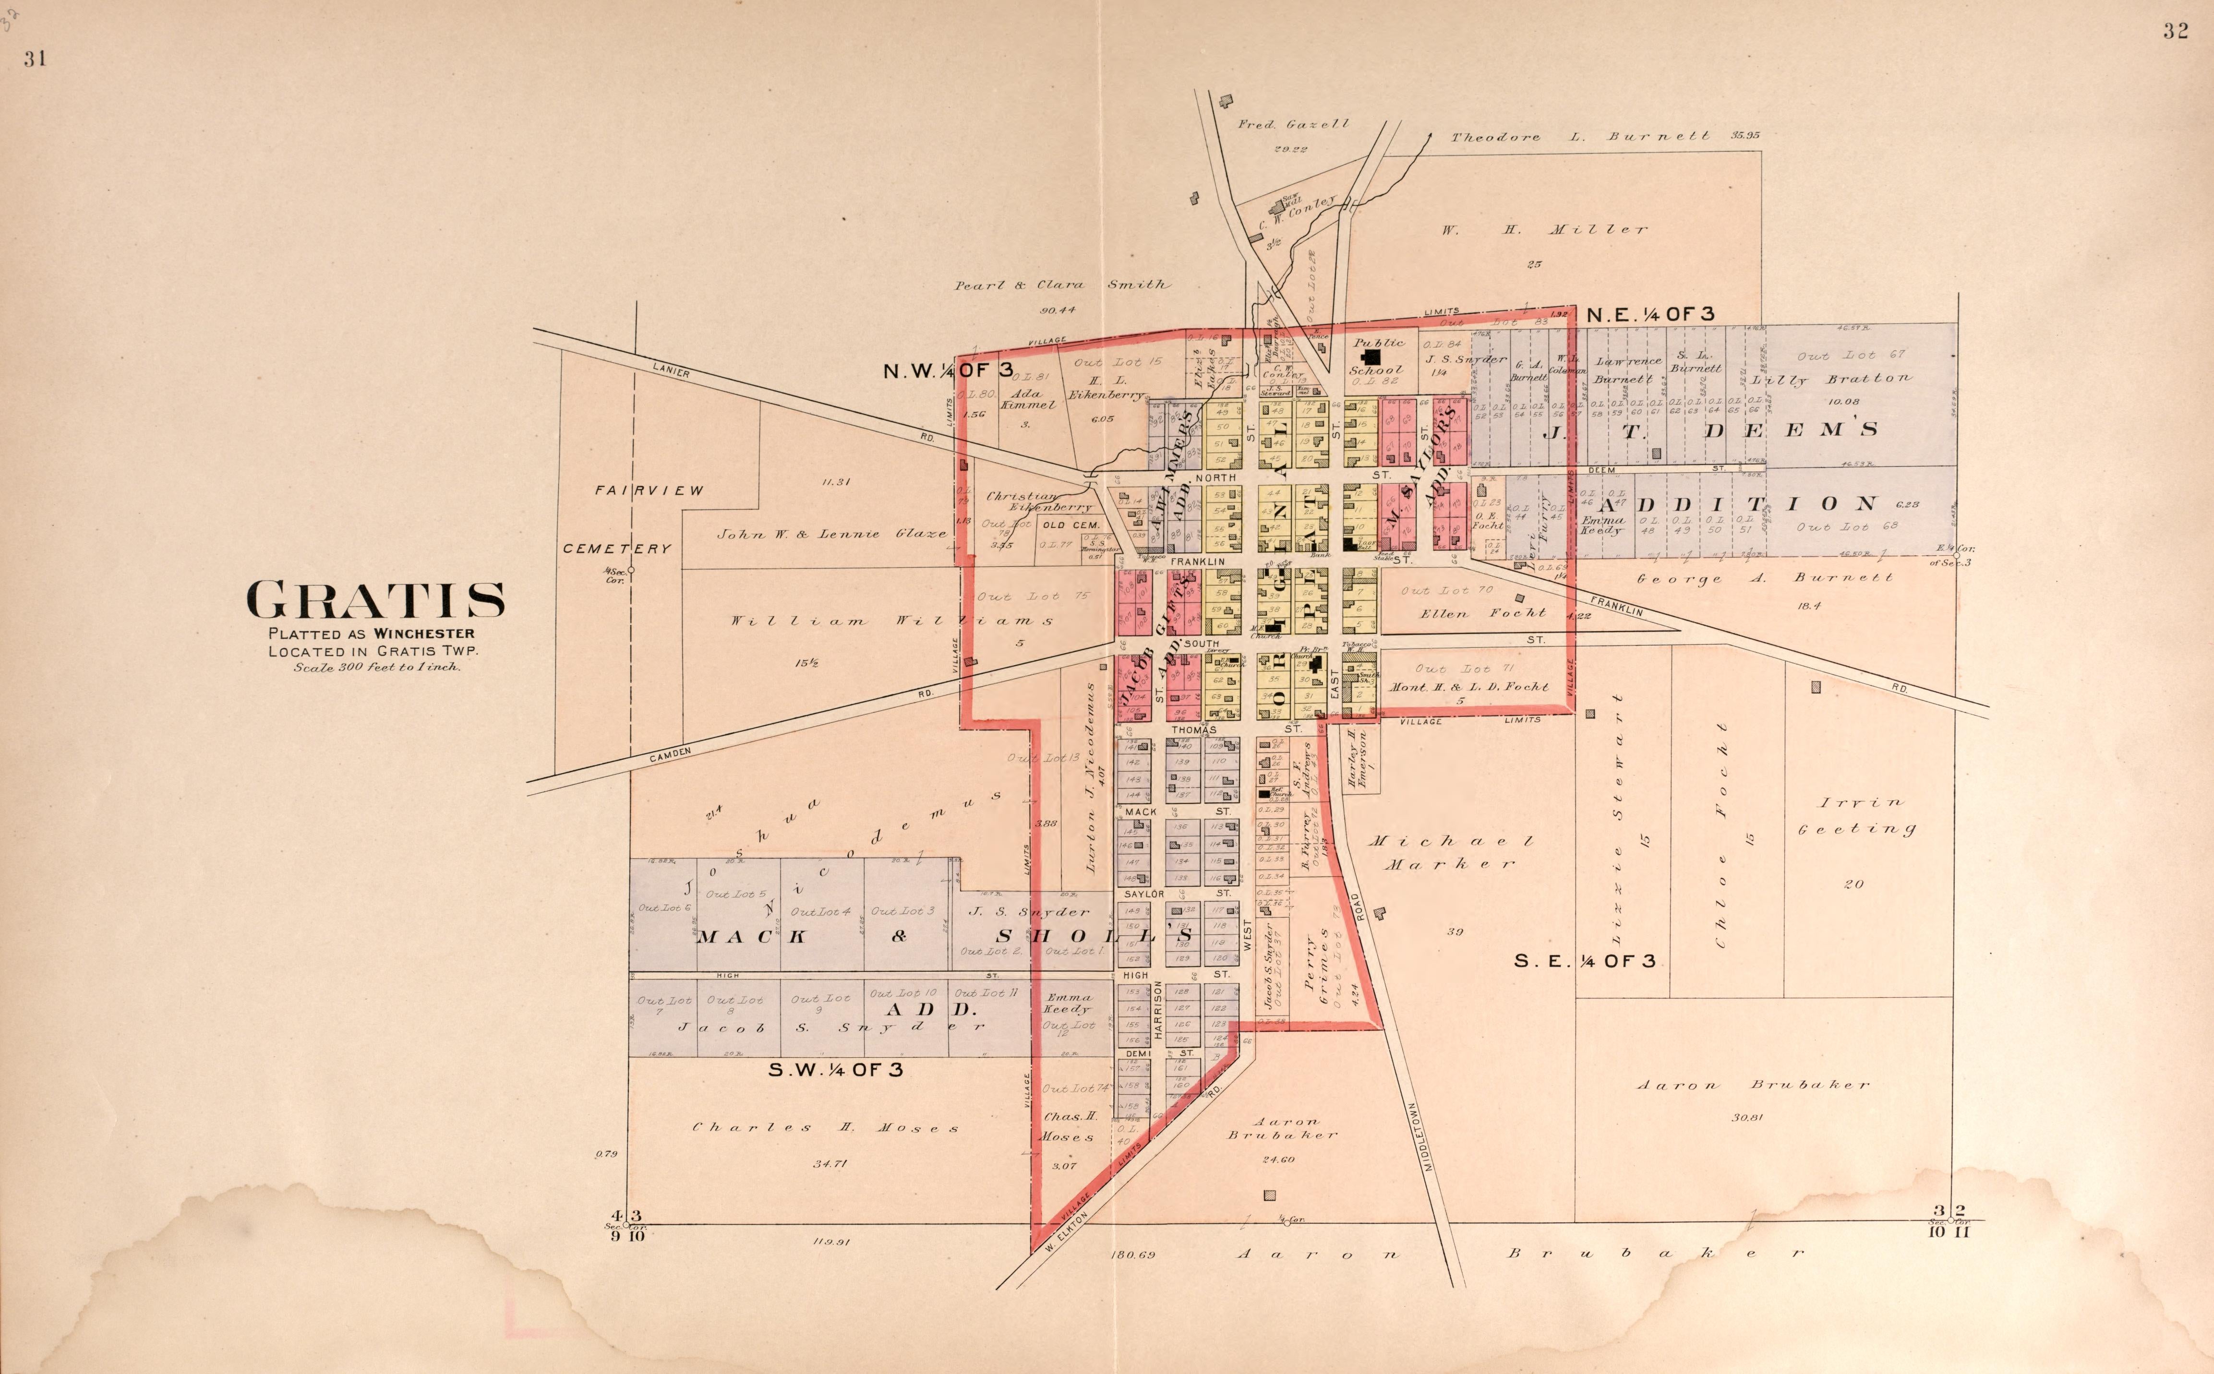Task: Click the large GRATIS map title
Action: point(375,601)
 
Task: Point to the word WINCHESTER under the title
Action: point(423,633)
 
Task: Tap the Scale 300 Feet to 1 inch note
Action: point(376,667)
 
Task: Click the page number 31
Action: point(36,59)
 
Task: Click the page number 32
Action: point(2175,31)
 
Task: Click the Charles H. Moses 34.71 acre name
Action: point(825,1128)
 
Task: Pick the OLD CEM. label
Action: point(1071,525)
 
